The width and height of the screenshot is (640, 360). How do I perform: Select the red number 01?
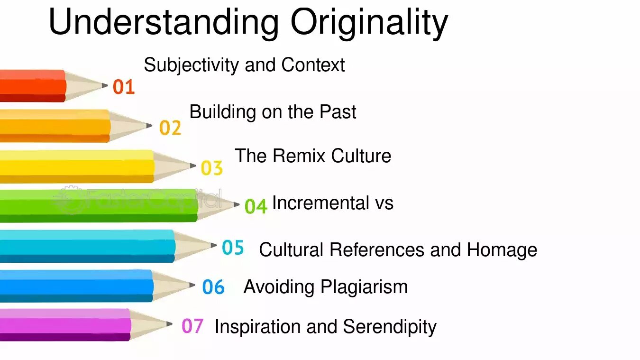pyautogui.click(x=124, y=87)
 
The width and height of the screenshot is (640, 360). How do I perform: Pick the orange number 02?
pyautogui.click(x=170, y=128)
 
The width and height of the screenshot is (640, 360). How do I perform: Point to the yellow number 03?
pyautogui.click(x=212, y=168)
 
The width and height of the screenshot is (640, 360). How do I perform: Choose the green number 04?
pyautogui.click(x=256, y=206)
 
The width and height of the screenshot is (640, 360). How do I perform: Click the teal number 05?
pyautogui.click(x=233, y=247)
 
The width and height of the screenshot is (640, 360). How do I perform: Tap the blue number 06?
pyautogui.click(x=213, y=287)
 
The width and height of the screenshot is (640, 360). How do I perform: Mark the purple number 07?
pyautogui.click(x=192, y=326)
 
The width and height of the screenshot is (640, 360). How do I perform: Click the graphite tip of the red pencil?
pyautogui.click(x=105, y=85)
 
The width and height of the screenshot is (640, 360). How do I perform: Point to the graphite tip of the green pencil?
pyautogui.click(x=237, y=204)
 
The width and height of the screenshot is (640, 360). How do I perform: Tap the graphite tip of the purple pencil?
pyautogui.click(x=169, y=324)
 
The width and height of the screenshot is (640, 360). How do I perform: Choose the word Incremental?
pyautogui.click(x=321, y=203)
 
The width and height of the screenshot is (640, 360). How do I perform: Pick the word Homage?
pyautogui.click(x=502, y=250)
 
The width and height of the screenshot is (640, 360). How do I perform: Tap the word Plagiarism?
pyautogui.click(x=364, y=287)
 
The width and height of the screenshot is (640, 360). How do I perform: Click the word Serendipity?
pyautogui.click(x=390, y=327)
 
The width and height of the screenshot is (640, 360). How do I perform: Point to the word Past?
pyautogui.click(x=338, y=111)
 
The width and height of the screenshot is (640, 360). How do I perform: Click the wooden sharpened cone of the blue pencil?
pyautogui.click(x=171, y=286)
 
